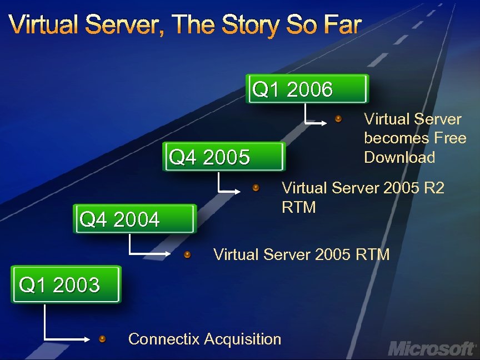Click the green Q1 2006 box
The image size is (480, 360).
(x=307, y=89)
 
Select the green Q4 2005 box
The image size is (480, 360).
(x=224, y=157)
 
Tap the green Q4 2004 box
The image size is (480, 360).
(x=135, y=219)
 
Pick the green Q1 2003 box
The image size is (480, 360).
(x=66, y=285)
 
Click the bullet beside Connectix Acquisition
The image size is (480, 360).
(x=102, y=338)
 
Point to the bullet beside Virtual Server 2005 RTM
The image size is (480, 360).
(x=188, y=254)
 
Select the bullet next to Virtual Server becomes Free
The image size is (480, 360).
(x=339, y=119)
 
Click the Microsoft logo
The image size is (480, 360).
(x=432, y=348)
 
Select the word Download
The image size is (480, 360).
(x=399, y=157)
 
